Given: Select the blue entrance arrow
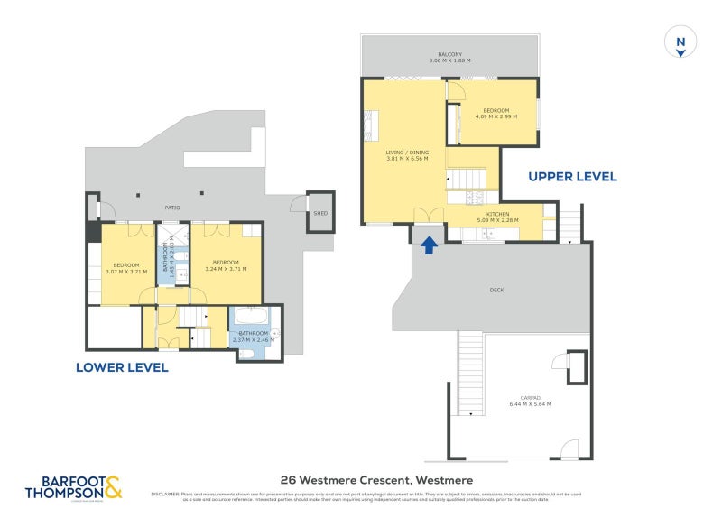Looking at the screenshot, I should point(429,244).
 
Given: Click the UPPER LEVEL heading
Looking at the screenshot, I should point(572,177).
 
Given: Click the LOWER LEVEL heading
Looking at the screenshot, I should point(122,367).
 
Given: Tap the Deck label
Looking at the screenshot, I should point(495,291).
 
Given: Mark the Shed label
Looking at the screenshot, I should point(319,214).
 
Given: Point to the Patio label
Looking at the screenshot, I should point(171,208).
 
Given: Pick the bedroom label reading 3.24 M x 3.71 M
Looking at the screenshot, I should point(227,268).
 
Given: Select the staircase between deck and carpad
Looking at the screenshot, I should point(470,369).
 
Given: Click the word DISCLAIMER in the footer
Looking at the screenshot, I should point(165,494).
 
